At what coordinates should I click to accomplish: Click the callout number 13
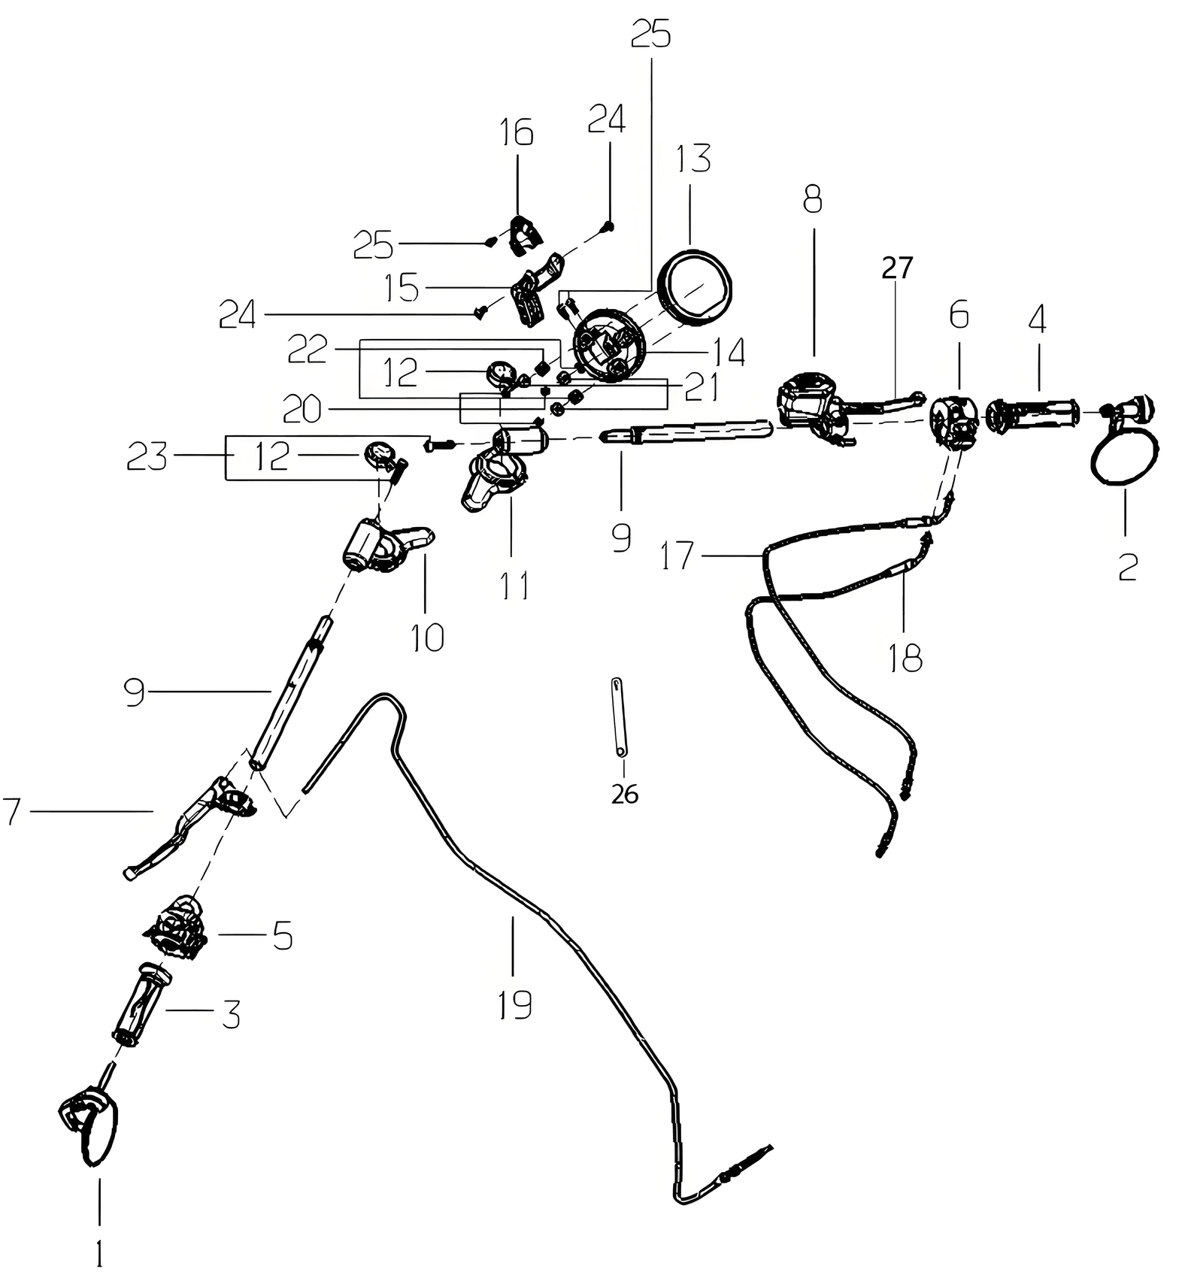[693, 159]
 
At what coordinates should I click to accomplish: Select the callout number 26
[625, 794]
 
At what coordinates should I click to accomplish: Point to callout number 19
[514, 1004]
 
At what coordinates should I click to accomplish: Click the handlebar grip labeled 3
[141, 1004]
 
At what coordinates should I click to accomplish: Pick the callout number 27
[897, 268]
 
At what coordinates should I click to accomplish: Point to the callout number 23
[147, 456]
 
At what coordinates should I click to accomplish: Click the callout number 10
[427, 637]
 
